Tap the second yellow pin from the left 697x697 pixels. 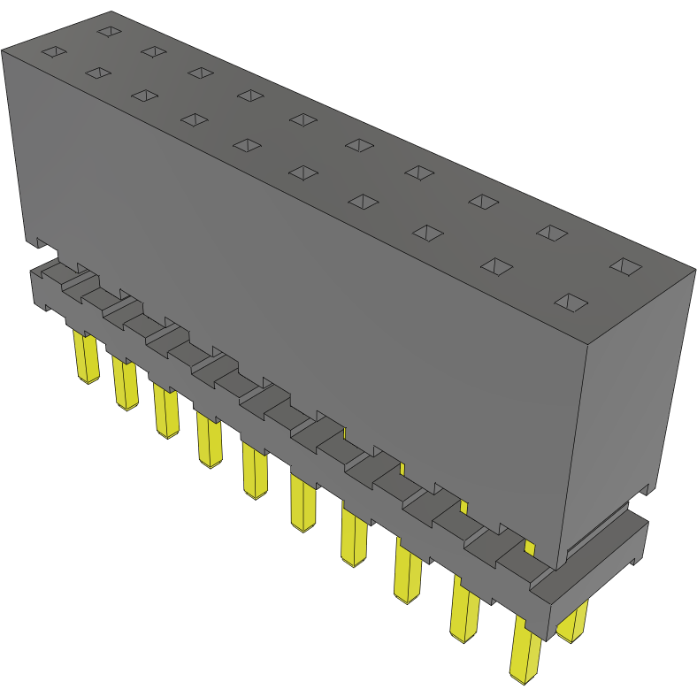125,386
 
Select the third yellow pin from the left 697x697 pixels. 165,412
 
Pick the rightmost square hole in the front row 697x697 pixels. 571,303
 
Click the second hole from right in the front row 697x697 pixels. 496,266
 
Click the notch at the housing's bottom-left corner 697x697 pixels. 40,241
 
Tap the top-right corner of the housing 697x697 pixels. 693,267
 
